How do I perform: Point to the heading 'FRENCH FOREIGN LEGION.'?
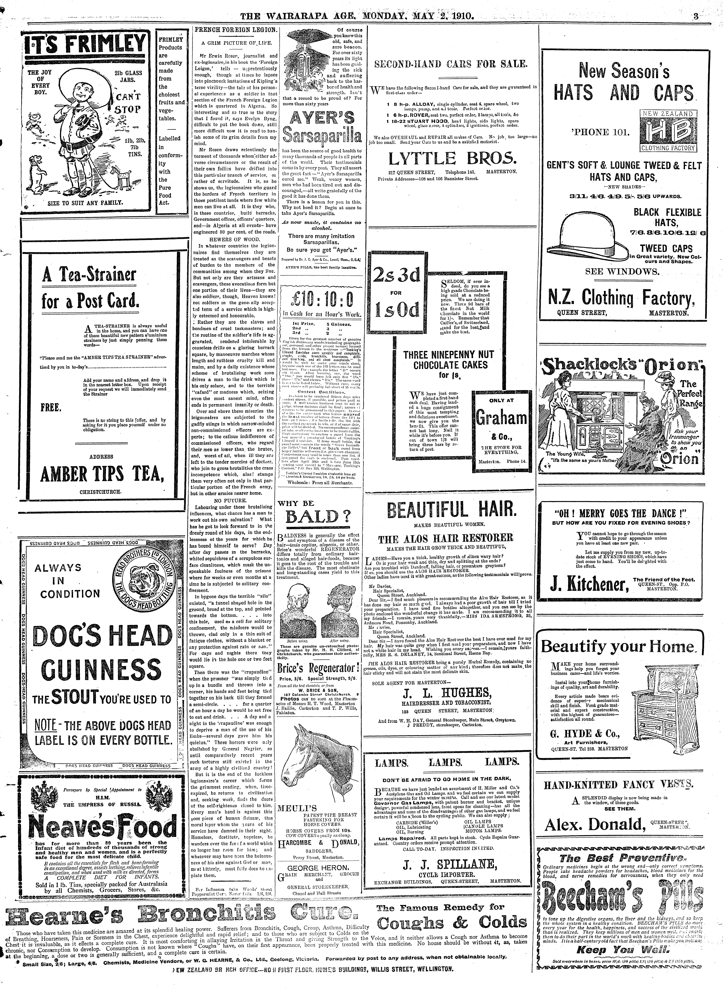tap(236, 30)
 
